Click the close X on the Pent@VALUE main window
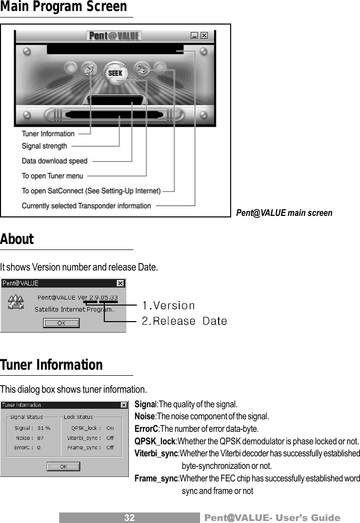[205, 36]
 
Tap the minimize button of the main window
[195, 36]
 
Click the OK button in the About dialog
[61, 323]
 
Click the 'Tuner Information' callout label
[48, 134]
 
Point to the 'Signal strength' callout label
[44, 146]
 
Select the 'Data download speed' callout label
[54, 161]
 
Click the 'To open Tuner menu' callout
[52, 176]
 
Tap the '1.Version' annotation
[168, 305]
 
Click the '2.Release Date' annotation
[184, 321]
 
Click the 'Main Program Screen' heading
[64, 7]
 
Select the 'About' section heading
[17, 239]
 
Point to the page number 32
[129, 518]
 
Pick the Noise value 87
[41, 438]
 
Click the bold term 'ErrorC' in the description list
[146, 429]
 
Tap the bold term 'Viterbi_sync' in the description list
[156, 453]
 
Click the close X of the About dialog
[120, 284]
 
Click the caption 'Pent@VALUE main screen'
[284, 213]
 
